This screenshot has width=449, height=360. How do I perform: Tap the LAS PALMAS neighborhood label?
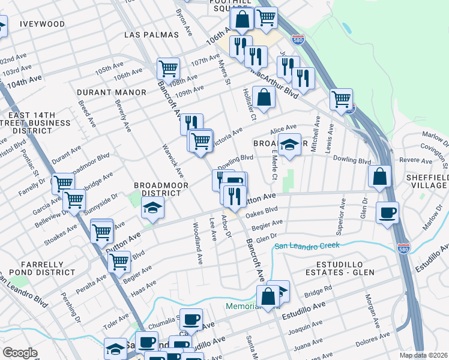point(151,35)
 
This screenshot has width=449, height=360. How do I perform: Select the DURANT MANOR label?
point(112,92)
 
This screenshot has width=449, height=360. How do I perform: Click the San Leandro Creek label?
point(307,245)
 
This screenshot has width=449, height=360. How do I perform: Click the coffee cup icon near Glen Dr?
point(387,212)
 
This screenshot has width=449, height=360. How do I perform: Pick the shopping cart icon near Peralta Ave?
point(119,261)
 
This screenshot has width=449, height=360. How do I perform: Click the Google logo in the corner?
point(20,353)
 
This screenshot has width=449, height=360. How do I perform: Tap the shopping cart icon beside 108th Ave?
point(169,67)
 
